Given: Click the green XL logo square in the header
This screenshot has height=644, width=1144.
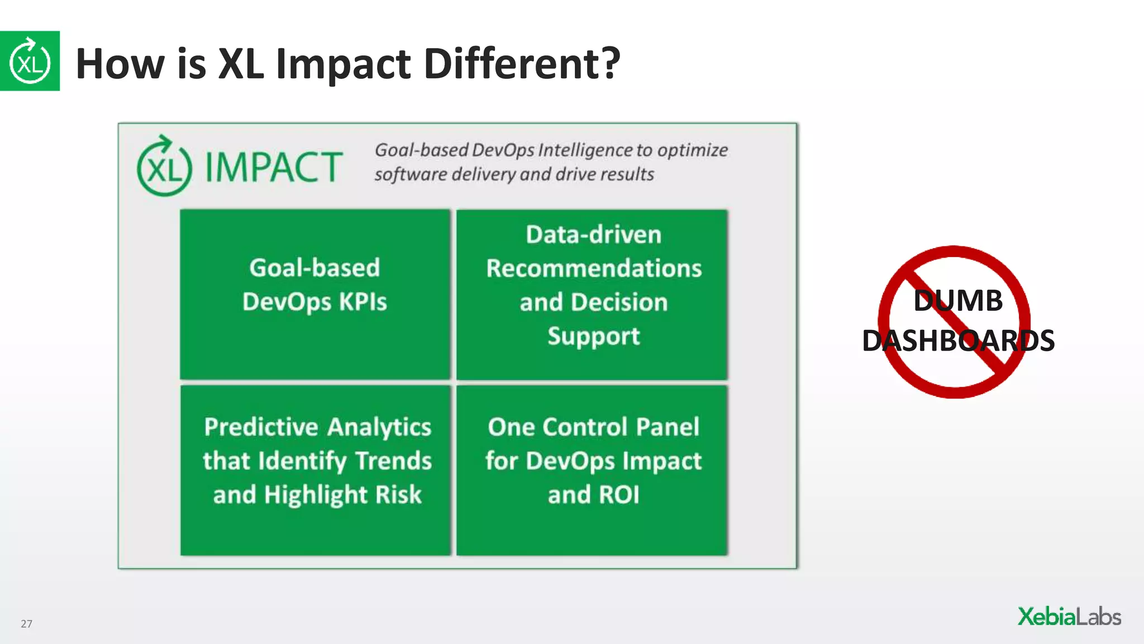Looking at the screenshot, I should (30, 61).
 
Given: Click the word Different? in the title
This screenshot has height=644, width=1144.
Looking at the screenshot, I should (522, 63).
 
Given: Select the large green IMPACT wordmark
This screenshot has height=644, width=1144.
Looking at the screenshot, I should (274, 167).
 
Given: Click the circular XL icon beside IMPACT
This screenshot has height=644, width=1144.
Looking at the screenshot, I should (164, 167).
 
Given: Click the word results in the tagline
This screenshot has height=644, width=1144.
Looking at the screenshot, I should (627, 174).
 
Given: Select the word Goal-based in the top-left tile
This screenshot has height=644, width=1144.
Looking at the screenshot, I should (314, 268).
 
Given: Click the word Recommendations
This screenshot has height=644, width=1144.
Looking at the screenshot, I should (593, 268).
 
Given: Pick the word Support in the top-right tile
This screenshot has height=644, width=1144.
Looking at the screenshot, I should (593, 336).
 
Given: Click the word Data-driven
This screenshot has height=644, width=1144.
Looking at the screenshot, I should (593, 234).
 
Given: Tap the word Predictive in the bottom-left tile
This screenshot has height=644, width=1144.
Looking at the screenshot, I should (261, 427).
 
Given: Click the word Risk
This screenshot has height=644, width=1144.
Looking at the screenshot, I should (398, 495).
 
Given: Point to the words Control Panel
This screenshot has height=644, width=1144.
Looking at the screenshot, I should (621, 427).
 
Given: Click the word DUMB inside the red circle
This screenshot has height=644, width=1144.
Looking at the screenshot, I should (957, 301).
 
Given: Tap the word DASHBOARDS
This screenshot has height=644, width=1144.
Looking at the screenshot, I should (957, 341).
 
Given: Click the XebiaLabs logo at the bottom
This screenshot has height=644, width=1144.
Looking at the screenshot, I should (1069, 617).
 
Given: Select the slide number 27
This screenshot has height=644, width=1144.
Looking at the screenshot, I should (26, 623).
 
